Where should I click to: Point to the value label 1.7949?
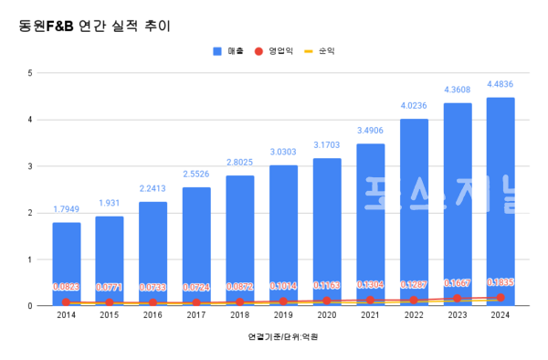[x=66, y=210]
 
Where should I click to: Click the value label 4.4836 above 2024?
[x=500, y=85]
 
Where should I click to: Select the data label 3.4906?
[x=370, y=132]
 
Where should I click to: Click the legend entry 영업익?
[x=276, y=51]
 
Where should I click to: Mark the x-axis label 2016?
[x=153, y=314]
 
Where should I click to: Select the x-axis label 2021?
[x=370, y=314]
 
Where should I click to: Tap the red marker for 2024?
[x=500, y=297]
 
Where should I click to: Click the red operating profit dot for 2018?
[x=239, y=302]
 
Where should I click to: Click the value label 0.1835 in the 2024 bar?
[x=500, y=283]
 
